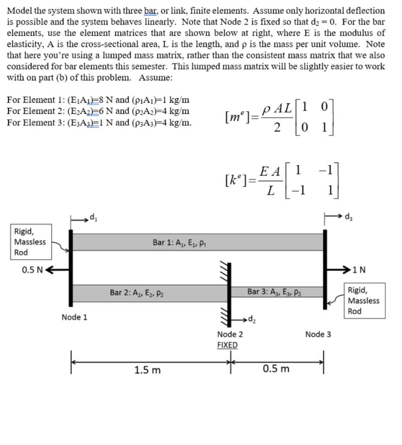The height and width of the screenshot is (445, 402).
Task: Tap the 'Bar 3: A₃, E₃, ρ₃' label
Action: point(274,292)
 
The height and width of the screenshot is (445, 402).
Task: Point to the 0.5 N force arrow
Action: point(57,269)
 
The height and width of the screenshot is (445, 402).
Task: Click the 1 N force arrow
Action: point(339,269)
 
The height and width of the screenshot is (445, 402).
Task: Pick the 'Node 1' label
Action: point(74,317)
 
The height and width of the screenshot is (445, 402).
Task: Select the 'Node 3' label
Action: point(318,334)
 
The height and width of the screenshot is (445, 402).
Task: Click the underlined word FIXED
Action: point(227,345)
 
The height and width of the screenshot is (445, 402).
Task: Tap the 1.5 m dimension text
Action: point(147,370)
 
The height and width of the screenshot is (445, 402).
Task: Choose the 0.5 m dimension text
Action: point(276,369)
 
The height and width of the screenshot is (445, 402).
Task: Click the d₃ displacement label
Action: point(349,216)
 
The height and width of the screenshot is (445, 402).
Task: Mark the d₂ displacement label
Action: point(253,321)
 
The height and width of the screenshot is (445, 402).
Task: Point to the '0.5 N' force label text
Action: point(32,270)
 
